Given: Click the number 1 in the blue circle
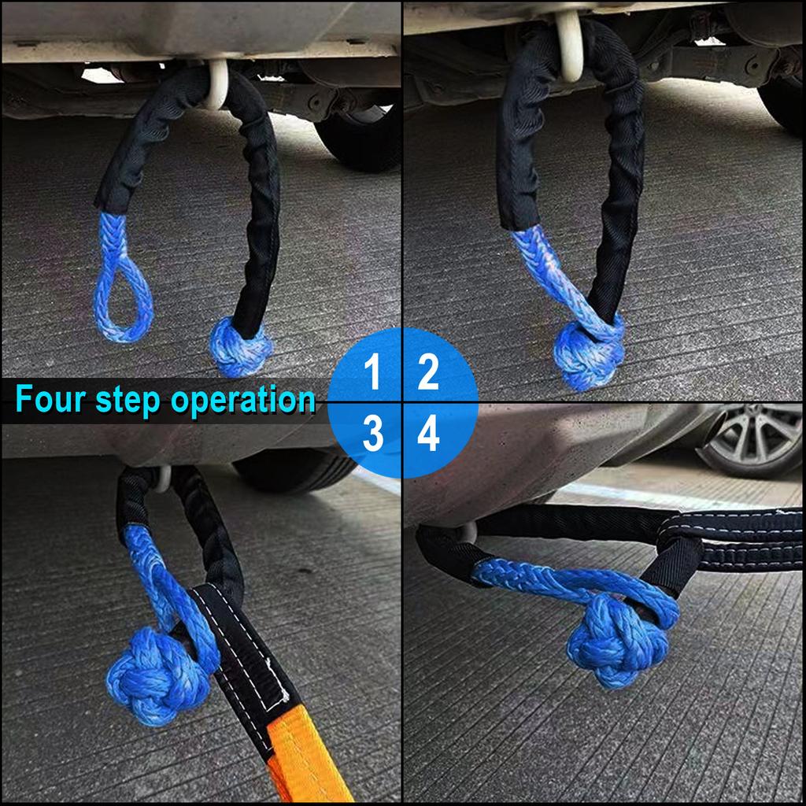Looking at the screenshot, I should (x=373, y=372).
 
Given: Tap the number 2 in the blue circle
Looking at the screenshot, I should (x=427, y=372).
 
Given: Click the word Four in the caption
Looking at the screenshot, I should (x=51, y=400).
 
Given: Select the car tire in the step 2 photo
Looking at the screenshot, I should (x=783, y=102).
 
